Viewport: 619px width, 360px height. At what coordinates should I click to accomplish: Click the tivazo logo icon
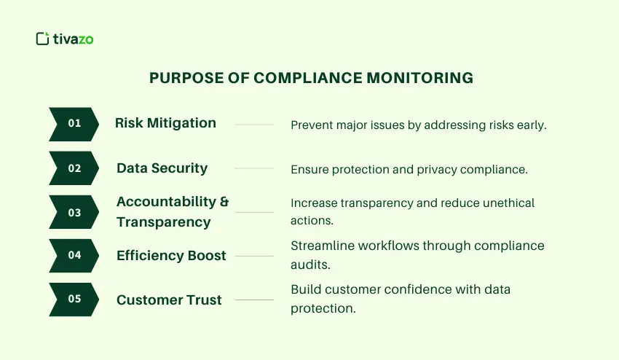42,39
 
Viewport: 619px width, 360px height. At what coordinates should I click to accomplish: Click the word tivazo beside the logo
73,39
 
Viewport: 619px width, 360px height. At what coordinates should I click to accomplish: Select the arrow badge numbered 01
74,124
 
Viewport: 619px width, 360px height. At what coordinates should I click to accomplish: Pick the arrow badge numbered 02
74,168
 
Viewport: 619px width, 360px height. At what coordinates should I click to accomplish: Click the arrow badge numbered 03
74,212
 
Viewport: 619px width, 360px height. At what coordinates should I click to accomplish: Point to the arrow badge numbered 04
74,256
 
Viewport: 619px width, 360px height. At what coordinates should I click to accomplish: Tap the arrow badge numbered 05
74,300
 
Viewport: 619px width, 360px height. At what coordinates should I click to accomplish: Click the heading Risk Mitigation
165,123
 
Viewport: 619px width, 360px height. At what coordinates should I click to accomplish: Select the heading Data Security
162,168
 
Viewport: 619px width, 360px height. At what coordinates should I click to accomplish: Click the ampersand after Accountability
224,202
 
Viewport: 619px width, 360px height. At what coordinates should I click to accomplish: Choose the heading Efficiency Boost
171,256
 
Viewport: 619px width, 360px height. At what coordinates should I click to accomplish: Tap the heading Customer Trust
169,300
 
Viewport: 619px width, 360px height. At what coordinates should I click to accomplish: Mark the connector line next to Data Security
254,168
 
